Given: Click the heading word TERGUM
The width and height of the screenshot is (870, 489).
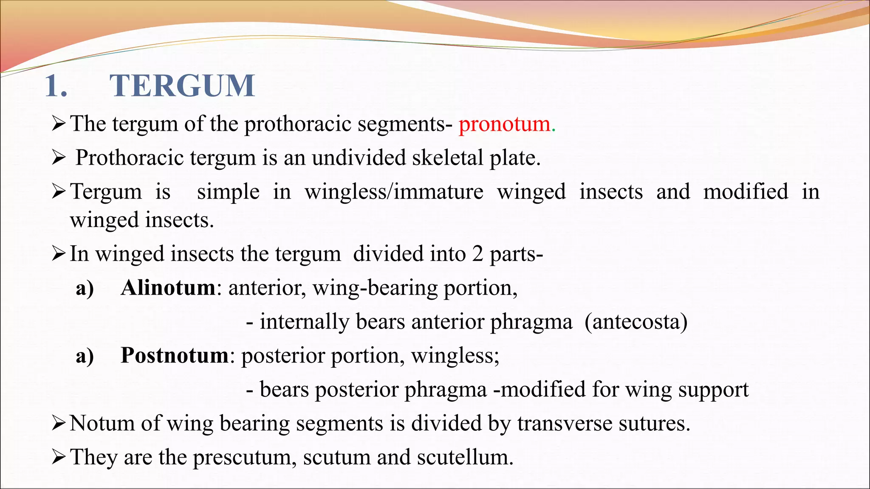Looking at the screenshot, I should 183,86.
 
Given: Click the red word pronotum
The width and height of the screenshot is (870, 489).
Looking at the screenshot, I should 504,124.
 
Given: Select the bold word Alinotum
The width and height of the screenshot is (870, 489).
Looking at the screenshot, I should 168,288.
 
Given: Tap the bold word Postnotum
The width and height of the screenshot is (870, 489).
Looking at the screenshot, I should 175,355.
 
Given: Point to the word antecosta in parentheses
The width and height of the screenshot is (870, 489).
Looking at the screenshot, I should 636,322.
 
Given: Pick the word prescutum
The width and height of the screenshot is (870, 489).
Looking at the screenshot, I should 242,457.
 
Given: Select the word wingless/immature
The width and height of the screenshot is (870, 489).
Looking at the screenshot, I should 394,192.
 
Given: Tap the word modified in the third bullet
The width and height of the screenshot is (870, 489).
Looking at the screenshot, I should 746,191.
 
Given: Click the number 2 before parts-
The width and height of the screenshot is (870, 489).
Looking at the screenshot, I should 477,254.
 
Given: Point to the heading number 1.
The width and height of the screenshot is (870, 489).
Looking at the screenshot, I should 56,86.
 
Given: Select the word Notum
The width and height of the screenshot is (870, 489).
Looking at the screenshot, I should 102,423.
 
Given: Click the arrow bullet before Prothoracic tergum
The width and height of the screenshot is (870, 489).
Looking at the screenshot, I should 58,158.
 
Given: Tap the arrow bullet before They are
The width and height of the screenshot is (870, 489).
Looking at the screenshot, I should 58,458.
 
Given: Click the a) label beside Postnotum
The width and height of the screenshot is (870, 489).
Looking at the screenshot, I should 85,356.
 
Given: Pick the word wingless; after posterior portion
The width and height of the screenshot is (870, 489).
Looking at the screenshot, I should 455,356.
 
